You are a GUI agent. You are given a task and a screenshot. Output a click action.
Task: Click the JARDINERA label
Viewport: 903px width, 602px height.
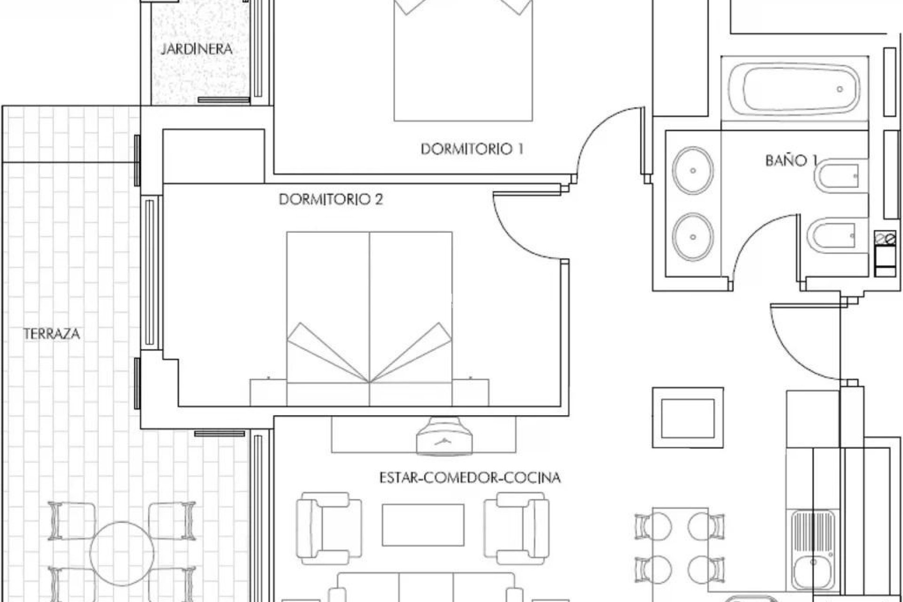pos(197,49)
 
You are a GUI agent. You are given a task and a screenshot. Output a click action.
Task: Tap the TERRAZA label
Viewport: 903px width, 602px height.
pos(52,334)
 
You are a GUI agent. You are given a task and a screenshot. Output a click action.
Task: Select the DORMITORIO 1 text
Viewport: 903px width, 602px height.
pos(472,150)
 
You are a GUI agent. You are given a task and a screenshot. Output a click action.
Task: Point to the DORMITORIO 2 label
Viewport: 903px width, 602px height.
pos(331,199)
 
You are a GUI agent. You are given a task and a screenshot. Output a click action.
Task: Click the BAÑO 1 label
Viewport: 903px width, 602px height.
pos(790,161)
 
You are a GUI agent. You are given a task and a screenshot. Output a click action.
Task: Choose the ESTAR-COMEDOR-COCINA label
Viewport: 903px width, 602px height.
pos(470,478)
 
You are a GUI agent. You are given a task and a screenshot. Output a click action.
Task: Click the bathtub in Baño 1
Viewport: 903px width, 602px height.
pos(794,89)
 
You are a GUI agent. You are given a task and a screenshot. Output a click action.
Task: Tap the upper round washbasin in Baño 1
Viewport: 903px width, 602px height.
pos(693,171)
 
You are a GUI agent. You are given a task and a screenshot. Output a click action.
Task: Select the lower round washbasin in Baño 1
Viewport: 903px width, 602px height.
pos(693,237)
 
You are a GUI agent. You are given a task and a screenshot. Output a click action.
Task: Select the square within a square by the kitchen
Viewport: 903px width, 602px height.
pos(688,418)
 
